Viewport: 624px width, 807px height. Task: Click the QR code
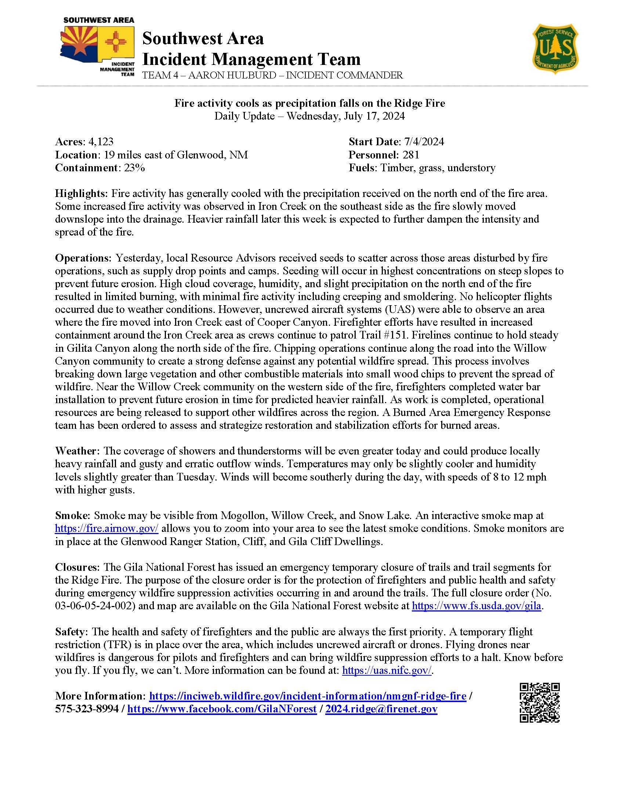coord(539,702)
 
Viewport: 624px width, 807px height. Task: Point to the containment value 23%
coord(134,168)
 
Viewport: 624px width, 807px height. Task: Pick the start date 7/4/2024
coord(423,142)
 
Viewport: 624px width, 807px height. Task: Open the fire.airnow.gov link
coord(106,528)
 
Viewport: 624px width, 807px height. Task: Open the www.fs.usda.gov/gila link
coord(476,606)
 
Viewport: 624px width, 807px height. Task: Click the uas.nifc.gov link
coord(387,671)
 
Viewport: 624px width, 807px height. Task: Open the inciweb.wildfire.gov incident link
coord(307,696)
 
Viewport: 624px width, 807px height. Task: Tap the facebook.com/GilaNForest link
coord(222,709)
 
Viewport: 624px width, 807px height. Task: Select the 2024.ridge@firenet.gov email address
coord(381,709)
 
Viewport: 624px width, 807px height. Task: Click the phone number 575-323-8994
coord(87,709)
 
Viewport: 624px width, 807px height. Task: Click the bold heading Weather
coord(77,451)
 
